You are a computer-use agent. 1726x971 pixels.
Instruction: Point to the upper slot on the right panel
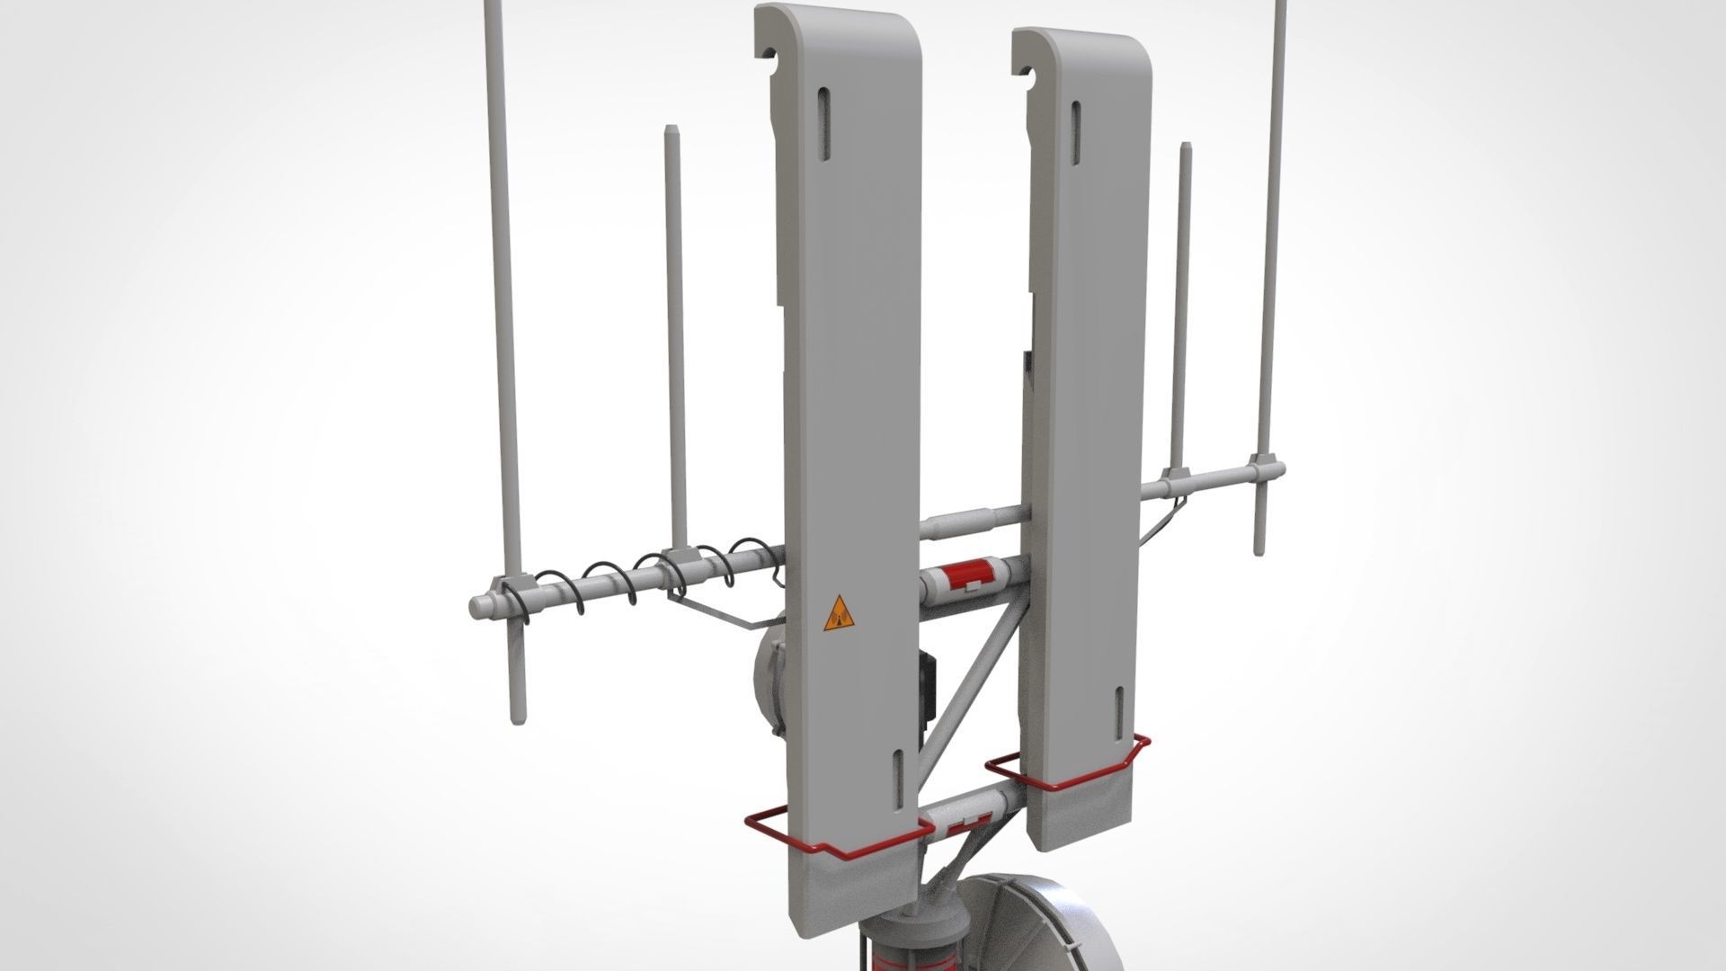click(1075, 131)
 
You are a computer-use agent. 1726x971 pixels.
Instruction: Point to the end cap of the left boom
click(477, 609)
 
